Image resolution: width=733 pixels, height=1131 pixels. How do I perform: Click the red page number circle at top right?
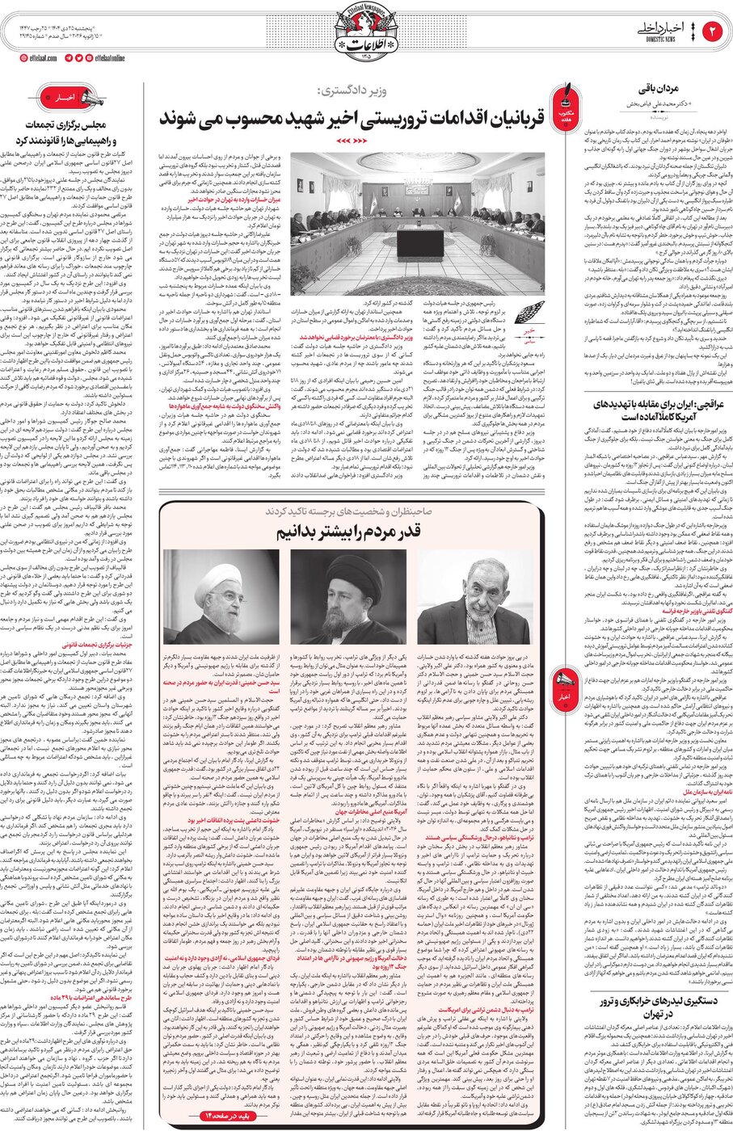714,31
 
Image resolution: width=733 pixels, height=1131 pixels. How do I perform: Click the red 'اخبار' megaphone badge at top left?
72,99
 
